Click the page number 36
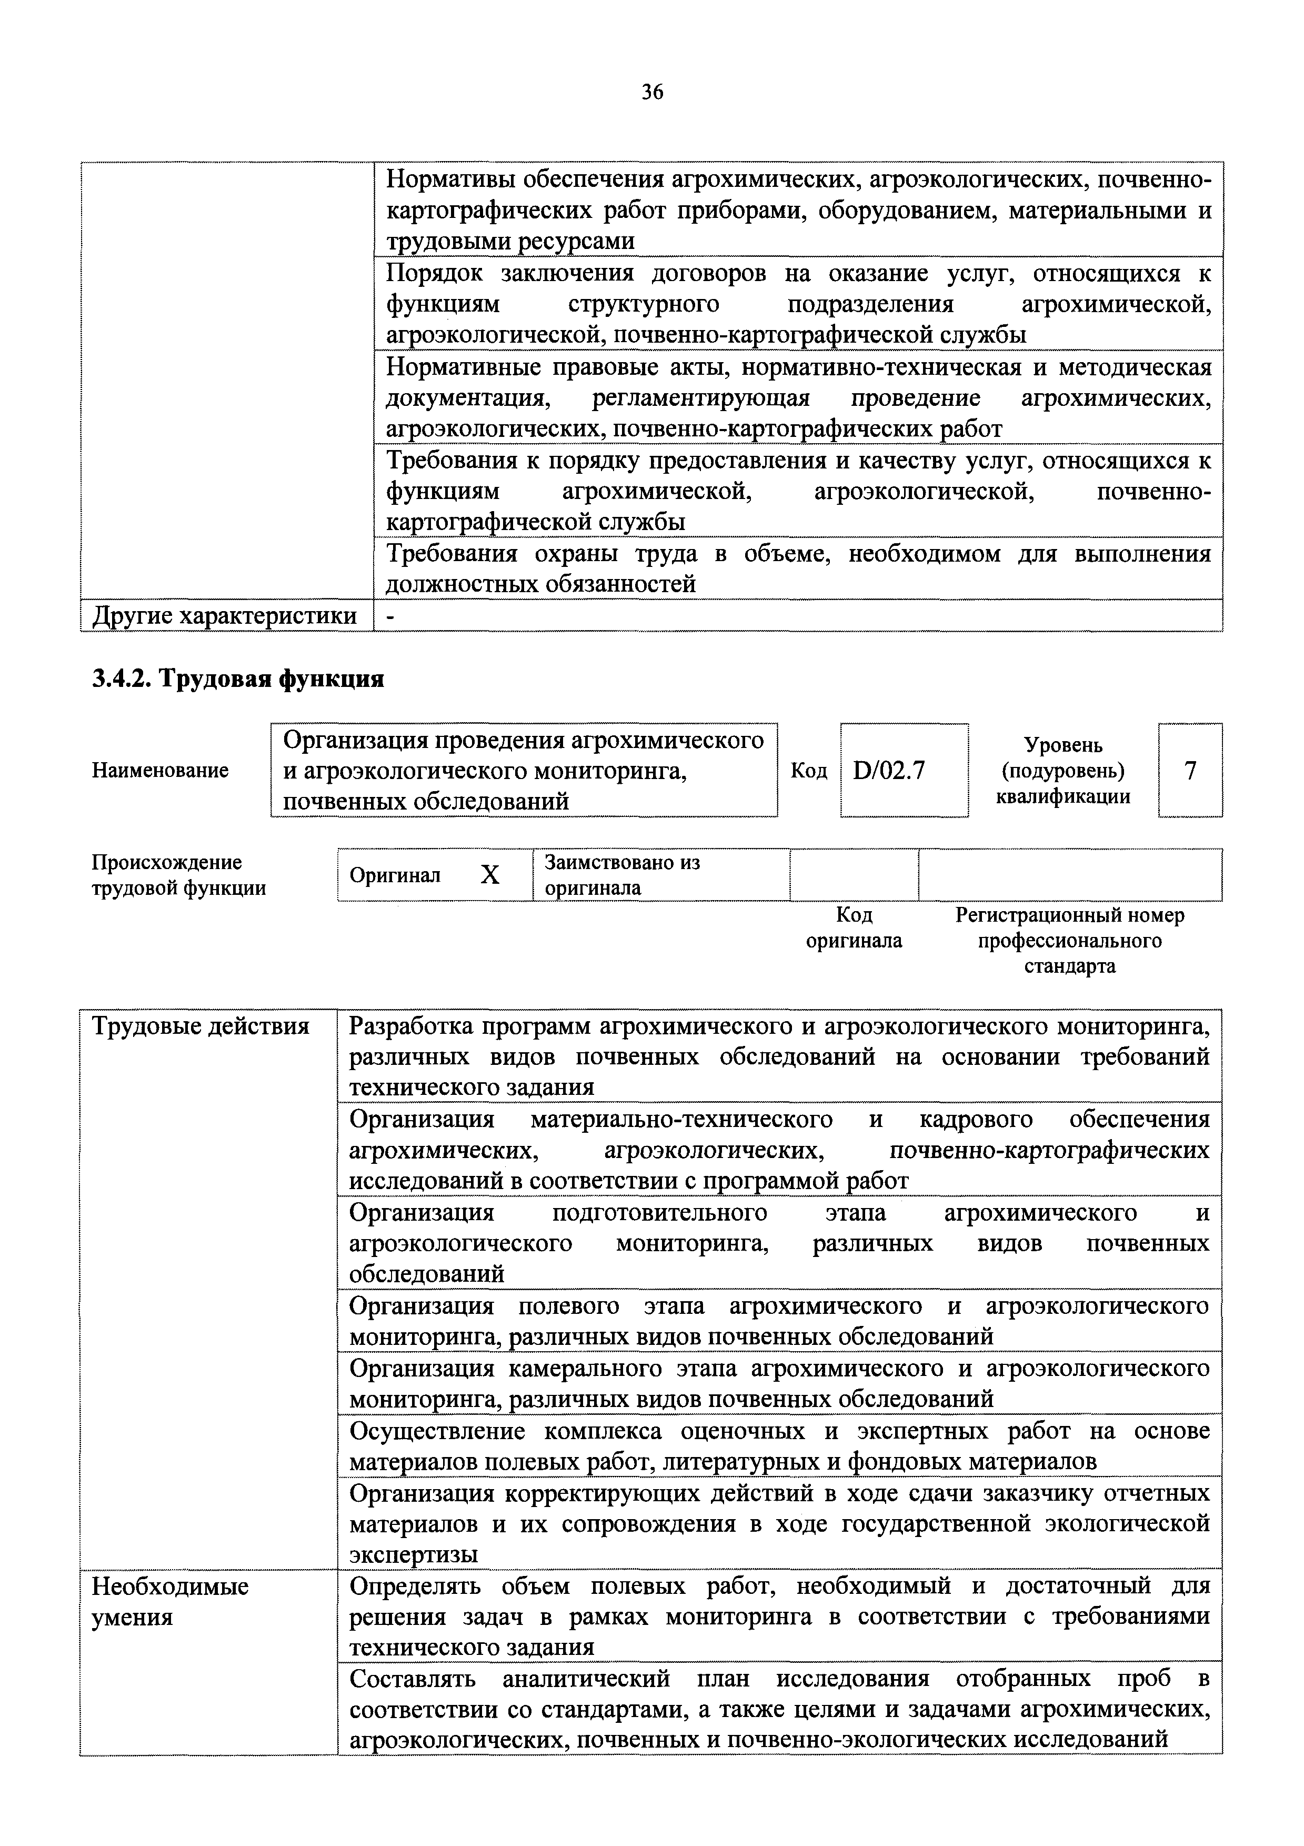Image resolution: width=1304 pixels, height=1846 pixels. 652,93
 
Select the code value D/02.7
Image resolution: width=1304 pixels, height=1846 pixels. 889,770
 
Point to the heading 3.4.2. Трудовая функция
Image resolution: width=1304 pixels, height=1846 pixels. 238,680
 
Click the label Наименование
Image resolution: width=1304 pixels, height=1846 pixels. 160,770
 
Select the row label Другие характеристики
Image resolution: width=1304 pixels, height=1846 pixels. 225,616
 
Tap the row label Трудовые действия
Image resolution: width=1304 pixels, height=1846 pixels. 201,1027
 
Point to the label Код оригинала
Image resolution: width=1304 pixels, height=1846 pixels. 854,928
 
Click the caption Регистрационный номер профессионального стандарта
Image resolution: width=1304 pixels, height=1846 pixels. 1069,940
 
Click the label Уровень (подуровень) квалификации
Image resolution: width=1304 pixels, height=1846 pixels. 1063,770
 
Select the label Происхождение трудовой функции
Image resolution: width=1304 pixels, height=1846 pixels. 178,875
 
